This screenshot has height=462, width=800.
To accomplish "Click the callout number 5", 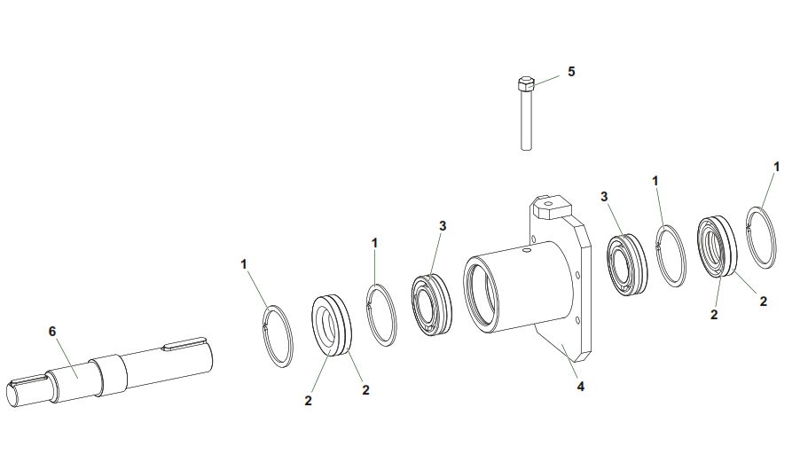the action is (x=571, y=72).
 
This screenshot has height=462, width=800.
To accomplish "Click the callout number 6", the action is (x=52, y=332).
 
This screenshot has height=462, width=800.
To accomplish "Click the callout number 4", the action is (x=581, y=387).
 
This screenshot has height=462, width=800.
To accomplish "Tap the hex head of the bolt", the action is (x=526, y=83).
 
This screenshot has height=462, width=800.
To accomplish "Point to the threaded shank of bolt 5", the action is (x=527, y=120).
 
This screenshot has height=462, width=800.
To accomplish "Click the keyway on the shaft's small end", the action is (x=28, y=379).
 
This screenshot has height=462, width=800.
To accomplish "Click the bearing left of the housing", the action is (x=432, y=304).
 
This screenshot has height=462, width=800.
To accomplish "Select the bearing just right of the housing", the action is (x=627, y=264).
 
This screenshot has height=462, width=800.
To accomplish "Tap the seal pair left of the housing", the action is (x=332, y=325).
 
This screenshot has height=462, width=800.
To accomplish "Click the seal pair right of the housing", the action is (x=718, y=247).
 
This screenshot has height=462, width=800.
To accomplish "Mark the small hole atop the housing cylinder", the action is (x=526, y=250).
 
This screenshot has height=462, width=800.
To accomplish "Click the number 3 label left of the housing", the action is (x=443, y=226).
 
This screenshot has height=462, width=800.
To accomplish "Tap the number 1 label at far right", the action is (x=777, y=167).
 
